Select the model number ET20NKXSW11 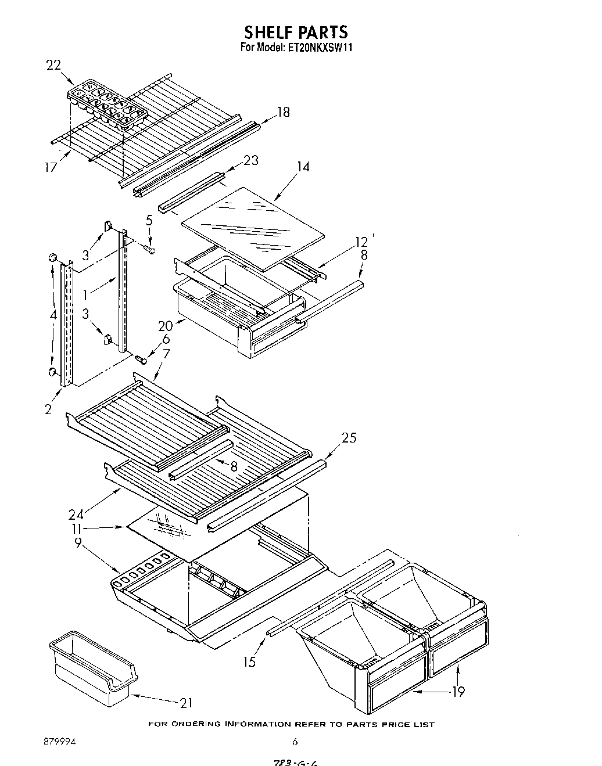(320, 48)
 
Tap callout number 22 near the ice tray (53, 66)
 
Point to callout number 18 (283, 112)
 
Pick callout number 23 (252, 160)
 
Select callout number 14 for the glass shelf (303, 167)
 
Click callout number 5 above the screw (149, 220)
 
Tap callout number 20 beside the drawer (166, 326)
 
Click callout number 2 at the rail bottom (47, 409)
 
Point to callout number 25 (349, 438)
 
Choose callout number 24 (76, 513)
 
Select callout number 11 (74, 528)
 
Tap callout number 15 (250, 661)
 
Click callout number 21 (186, 703)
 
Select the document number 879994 (60, 742)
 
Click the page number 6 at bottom (295, 742)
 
